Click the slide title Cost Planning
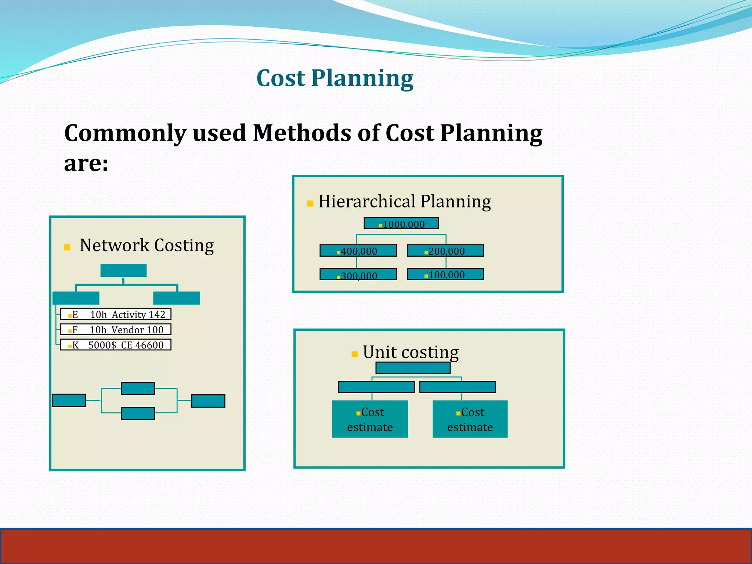point(335,78)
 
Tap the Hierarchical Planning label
point(404,202)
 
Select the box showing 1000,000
point(401,223)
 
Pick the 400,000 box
point(358,251)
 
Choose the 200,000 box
point(445,251)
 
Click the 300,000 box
point(358,274)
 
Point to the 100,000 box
point(445,274)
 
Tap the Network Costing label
point(147,245)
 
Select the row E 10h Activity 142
point(116,314)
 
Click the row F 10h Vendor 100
point(116,330)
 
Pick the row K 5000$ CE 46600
point(116,345)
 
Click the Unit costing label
point(411,352)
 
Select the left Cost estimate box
point(370,419)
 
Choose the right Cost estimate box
point(470,419)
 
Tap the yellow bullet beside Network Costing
point(67,247)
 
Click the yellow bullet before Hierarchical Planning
point(310,203)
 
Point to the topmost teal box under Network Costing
point(123,271)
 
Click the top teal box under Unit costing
point(413,368)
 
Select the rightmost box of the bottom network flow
point(208,401)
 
